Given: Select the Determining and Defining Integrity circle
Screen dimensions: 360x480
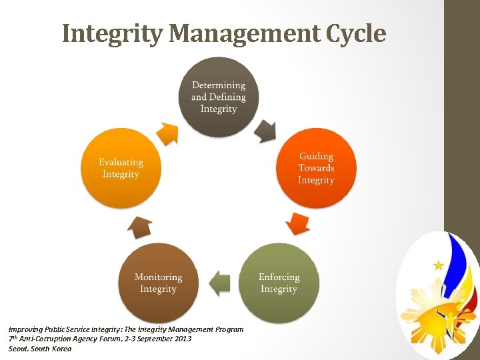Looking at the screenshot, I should coord(219,97).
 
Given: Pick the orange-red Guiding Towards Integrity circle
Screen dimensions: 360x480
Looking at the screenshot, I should coord(316,168).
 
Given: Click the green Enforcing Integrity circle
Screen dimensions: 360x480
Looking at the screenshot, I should coord(279,283).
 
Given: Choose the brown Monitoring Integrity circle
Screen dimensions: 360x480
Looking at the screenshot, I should coord(158,283).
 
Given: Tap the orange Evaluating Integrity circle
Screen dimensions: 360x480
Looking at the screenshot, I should coord(121,168).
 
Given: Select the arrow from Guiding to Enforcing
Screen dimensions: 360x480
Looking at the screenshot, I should coord(297,223).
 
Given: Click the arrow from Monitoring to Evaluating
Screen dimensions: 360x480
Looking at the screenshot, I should coord(140,227).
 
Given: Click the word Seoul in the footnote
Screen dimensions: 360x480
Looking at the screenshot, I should coord(19,349).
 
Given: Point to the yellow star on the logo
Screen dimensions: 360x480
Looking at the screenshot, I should coord(438,265).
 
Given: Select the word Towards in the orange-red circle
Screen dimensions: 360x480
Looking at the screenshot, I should coord(316,168).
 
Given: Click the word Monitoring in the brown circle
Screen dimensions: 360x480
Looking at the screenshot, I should coord(158,277).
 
